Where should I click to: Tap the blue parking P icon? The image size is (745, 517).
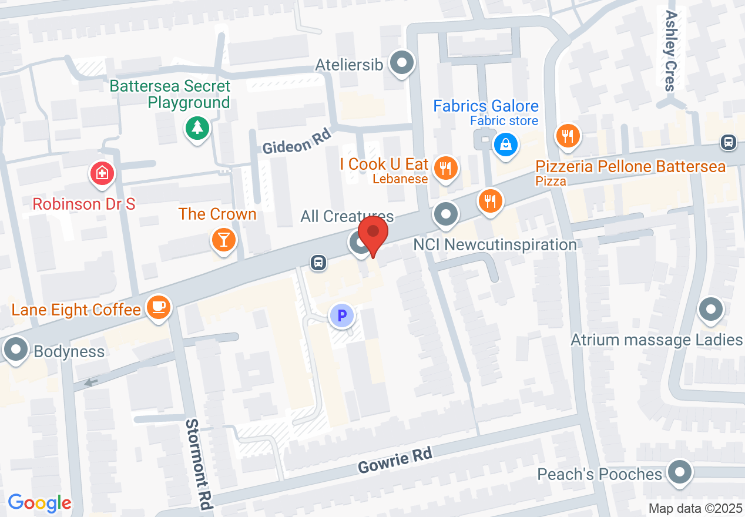[341, 316]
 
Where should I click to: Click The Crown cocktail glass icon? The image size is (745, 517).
[223, 240]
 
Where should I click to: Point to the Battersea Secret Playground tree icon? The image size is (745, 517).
[197, 127]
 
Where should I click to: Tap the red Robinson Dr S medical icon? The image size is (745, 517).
[102, 173]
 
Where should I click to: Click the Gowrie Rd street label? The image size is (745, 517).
[395, 459]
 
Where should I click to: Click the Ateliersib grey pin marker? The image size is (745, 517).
[403, 62]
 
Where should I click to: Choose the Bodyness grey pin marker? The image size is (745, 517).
[15, 350]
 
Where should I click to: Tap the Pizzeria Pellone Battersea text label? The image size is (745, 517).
[630, 167]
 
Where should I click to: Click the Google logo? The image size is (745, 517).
[39, 503]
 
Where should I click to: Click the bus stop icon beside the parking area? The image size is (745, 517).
[318, 262]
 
